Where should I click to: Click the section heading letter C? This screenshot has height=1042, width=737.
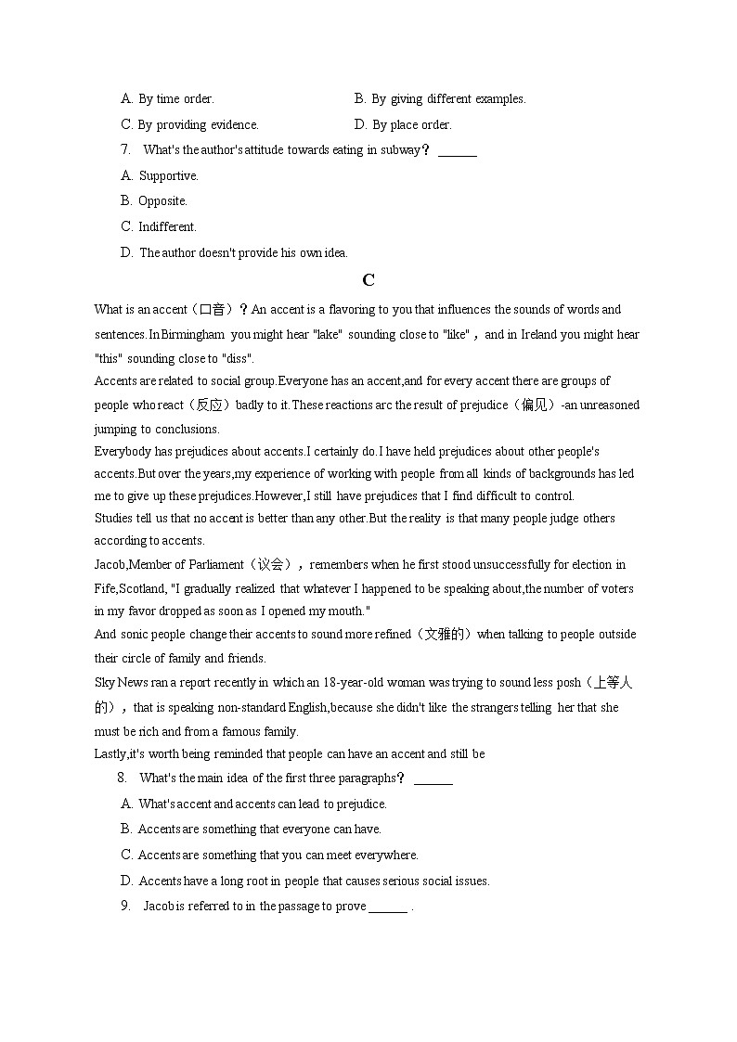(x=368, y=280)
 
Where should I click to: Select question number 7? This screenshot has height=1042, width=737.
(x=124, y=150)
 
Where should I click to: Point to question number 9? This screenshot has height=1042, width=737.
(x=124, y=907)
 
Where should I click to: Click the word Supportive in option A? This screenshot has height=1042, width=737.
(x=168, y=176)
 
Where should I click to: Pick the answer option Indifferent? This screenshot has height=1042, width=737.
(x=167, y=227)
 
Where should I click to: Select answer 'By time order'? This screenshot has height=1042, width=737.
(x=175, y=99)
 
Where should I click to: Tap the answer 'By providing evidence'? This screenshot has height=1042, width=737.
(x=198, y=125)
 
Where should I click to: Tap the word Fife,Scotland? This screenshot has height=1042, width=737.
(x=129, y=588)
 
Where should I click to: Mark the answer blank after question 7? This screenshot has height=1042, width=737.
(x=457, y=151)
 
